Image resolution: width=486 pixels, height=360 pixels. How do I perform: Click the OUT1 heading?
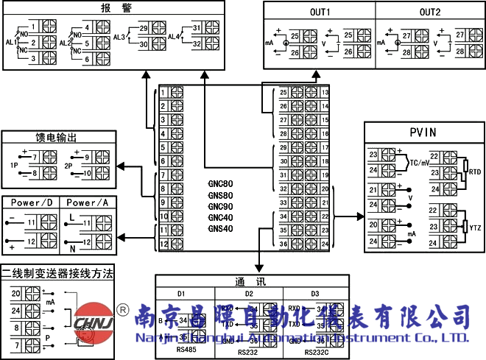pos(320,13)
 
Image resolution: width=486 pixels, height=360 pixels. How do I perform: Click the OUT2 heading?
pos(430,13)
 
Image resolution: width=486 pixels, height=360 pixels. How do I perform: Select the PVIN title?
pos(423,133)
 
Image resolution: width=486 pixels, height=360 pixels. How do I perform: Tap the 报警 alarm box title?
pos(110,8)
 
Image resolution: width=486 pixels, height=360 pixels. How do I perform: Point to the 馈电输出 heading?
pos(57,138)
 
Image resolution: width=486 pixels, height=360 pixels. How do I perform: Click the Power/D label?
pos(31,202)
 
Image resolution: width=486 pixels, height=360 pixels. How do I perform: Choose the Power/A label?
pos(87,202)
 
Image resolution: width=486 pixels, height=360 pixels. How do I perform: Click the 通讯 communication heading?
pos(246,282)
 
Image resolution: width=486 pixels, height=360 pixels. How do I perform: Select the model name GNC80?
pos(220,183)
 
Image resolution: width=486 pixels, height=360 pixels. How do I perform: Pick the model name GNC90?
pos(220,206)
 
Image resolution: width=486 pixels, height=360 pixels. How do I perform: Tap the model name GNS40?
pos(220,229)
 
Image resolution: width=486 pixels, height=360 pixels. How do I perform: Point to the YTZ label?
pos(475,229)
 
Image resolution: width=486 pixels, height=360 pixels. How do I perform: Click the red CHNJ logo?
pos(95,322)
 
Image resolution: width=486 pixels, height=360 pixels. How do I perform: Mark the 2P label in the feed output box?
pos(68,166)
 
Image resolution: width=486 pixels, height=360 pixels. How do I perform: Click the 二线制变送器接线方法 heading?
pos(57,273)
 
